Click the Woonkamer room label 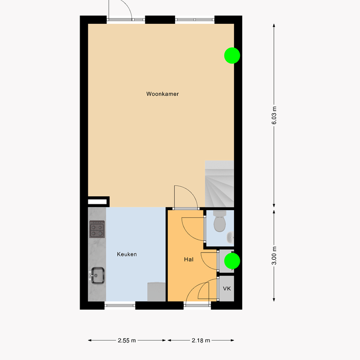click(x=162, y=94)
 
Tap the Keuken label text click(x=127, y=254)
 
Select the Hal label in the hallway click(x=189, y=260)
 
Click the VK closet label click(x=227, y=288)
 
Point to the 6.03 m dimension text click(x=274, y=115)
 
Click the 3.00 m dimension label click(x=274, y=256)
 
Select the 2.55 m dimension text click(x=127, y=341)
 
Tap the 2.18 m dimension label click(x=201, y=341)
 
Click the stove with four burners click(x=97, y=229)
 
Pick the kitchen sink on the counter click(x=97, y=275)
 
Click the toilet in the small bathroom click(x=220, y=221)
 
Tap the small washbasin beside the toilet click(x=230, y=238)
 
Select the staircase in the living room click(x=219, y=184)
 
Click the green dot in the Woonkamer click(x=232, y=55)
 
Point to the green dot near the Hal click(x=232, y=261)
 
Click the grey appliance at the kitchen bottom click(x=156, y=292)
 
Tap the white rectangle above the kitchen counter click(x=97, y=202)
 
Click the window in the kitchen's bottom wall click(x=120, y=306)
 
